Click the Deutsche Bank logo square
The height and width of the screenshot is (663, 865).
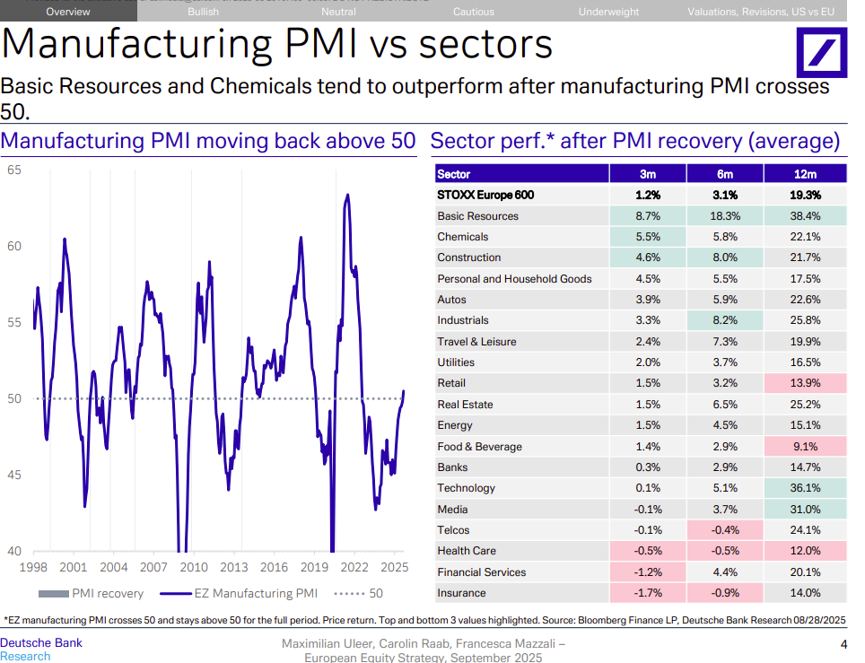(822, 52)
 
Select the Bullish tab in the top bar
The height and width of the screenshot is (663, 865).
(204, 12)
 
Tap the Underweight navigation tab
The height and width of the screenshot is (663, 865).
(608, 12)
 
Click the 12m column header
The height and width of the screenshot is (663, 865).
(806, 174)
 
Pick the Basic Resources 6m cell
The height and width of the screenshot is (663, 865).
(725, 216)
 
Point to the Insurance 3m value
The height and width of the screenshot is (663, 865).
(648, 593)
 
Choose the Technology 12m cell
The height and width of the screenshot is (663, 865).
(806, 488)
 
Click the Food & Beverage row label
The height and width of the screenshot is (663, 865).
(479, 447)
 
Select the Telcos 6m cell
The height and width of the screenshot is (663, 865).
(725, 530)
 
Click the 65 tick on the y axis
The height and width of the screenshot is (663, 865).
(14, 170)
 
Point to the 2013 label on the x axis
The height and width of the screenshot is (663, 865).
(234, 567)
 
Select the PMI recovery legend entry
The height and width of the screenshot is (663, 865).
(93, 593)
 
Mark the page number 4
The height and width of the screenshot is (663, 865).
(843, 644)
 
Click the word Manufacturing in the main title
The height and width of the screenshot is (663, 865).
(138, 45)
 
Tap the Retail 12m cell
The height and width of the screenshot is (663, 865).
(806, 383)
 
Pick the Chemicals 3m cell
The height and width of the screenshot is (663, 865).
(648, 237)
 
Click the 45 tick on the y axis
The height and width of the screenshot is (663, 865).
(14, 475)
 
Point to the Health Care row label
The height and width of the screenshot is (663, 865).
(467, 551)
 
